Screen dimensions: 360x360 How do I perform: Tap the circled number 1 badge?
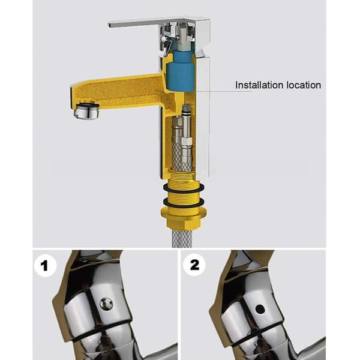[45, 265]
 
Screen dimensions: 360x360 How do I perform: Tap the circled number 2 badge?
[194, 265]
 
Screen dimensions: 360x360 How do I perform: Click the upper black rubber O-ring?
[184, 188]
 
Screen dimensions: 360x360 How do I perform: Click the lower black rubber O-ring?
[184, 203]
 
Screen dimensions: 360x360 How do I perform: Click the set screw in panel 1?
[106, 304]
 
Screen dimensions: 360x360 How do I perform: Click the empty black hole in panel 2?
[260, 309]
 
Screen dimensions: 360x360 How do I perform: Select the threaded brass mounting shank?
[184, 192]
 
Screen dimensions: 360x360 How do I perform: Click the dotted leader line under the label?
[224, 91]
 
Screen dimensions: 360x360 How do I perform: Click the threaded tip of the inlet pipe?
[186, 107]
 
